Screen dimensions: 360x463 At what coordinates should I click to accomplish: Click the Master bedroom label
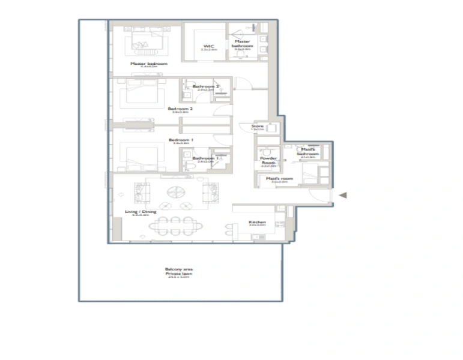pos(149,63)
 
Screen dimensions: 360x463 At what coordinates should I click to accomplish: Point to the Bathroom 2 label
pos(206,86)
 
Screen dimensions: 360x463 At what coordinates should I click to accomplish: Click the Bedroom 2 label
pos(181,109)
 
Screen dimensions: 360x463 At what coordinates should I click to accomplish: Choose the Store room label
pos(258,127)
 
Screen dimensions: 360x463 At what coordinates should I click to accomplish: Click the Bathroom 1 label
pos(205,158)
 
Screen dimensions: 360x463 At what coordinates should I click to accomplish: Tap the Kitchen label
pos(257,223)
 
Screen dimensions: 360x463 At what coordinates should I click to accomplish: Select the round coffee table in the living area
pos(176,191)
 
